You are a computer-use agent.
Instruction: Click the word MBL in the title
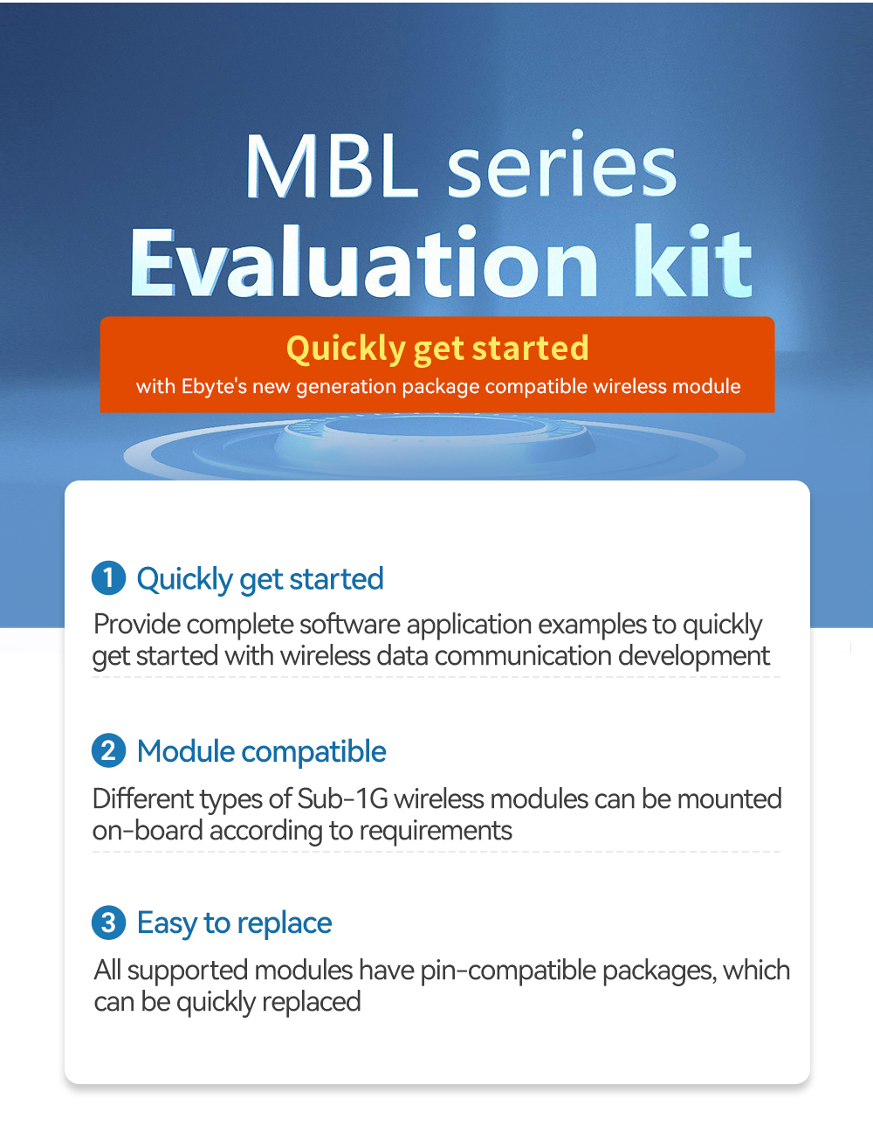tap(332, 167)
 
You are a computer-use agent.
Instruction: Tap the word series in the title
tap(562, 163)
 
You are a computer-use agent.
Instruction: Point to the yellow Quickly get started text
tap(437, 348)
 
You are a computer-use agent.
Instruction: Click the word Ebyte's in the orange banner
tap(214, 387)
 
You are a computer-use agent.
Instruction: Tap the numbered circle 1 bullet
tap(108, 578)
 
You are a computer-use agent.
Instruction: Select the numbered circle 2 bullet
tap(108, 750)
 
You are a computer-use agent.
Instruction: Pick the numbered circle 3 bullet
tap(108, 922)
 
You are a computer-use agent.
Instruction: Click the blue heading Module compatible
tap(262, 751)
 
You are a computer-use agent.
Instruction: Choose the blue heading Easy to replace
tap(235, 923)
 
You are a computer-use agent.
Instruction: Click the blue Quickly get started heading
tap(260, 579)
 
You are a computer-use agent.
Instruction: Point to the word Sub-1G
tap(342, 798)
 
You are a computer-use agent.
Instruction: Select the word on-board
tap(148, 831)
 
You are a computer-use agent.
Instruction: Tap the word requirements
tap(436, 832)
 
